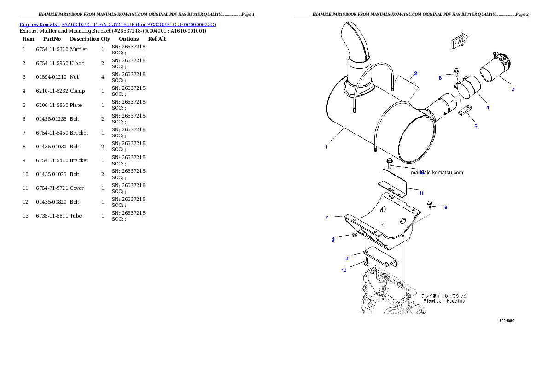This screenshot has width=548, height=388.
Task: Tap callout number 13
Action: click(512, 89)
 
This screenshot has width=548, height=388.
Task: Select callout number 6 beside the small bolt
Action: click(440, 78)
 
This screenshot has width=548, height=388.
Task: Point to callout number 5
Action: click(476, 126)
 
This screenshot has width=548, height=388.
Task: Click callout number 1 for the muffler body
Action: click(326, 147)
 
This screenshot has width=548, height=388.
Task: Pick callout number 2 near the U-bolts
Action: click(415, 73)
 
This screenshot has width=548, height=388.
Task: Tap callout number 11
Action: click(421, 193)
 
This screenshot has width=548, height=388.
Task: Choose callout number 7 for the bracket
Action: click(326, 217)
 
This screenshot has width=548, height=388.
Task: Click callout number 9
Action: click(347, 258)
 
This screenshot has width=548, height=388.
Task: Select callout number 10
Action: click(344, 270)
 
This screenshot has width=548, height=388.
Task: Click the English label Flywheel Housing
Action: click(444, 301)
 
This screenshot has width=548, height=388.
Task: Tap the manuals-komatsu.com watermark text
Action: click(437, 173)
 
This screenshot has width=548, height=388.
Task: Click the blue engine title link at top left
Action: click(117, 24)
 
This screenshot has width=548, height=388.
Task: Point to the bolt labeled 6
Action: click(456, 72)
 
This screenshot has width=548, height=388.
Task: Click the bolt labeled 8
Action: click(430, 205)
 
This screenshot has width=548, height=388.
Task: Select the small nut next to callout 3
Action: click(354, 235)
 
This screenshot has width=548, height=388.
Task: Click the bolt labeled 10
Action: click(366, 262)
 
